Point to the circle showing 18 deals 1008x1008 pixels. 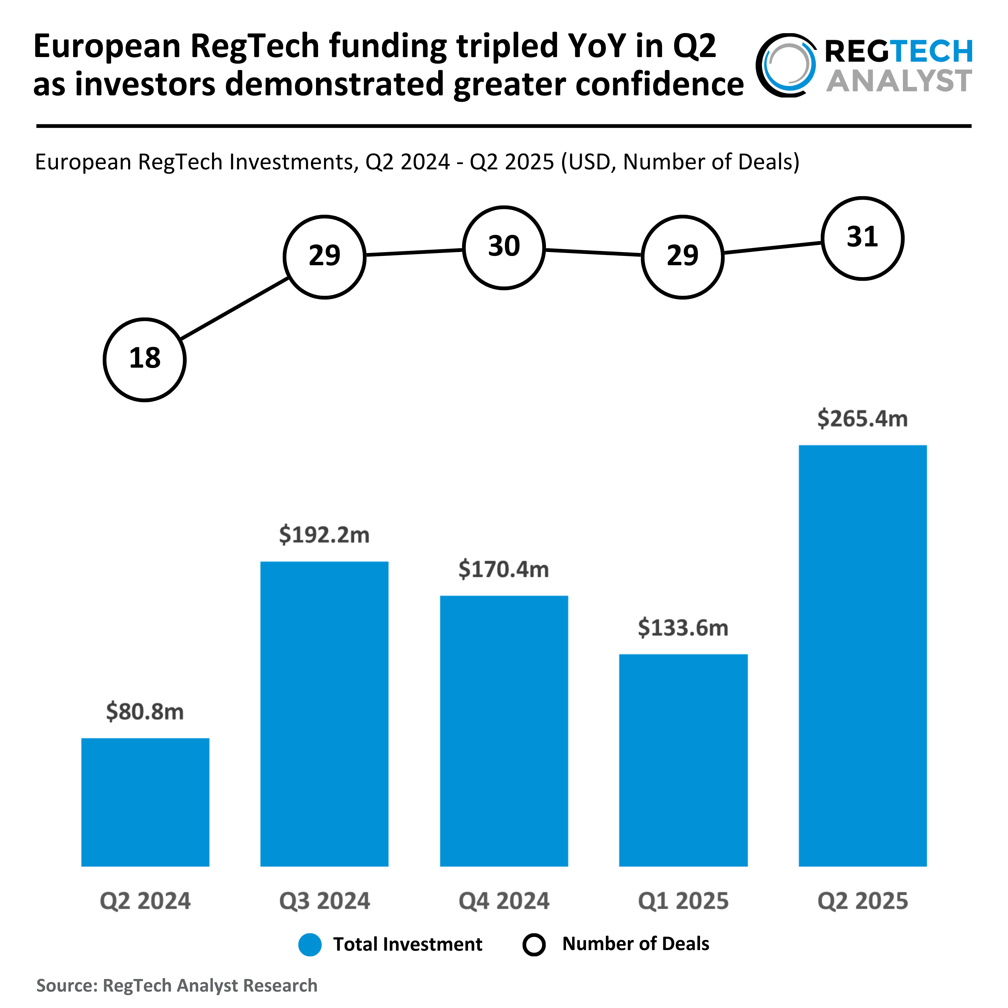[x=145, y=360]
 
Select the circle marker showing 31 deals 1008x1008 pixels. [x=863, y=238]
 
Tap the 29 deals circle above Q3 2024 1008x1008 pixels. [x=325, y=257]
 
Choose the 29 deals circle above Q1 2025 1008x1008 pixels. [x=682, y=257]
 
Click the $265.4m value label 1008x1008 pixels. [x=863, y=418]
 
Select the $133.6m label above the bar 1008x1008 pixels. [x=683, y=628]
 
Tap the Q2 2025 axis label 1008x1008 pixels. [x=863, y=901]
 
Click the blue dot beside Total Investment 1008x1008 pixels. [x=310, y=945]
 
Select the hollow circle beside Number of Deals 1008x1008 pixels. [x=534, y=945]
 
